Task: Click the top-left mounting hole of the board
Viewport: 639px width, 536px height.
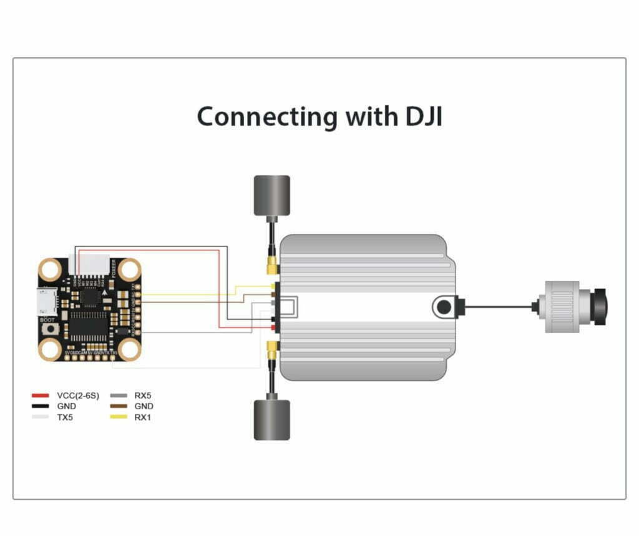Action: click(49, 270)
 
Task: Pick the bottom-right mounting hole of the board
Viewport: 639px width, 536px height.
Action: click(129, 349)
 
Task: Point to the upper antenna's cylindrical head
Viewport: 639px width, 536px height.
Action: click(271, 195)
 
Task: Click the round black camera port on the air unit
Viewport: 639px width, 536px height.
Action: click(444, 307)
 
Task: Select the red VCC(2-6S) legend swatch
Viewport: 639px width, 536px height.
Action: click(41, 396)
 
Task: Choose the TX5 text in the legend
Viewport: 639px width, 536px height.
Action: click(65, 417)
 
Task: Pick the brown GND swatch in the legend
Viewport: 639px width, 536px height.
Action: click(118, 406)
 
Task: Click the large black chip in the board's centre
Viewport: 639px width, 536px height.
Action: click(89, 324)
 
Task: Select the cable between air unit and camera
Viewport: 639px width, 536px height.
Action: click(499, 306)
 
